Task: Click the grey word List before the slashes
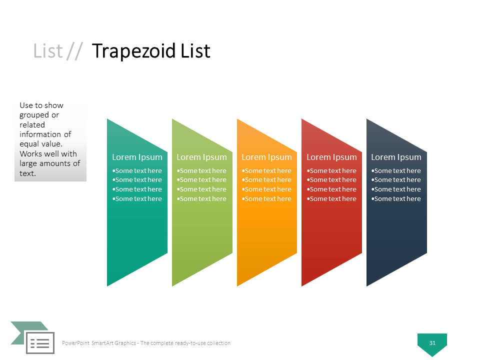48,51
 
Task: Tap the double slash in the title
74,51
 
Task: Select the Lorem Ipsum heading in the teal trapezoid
137,157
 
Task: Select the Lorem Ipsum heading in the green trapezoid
201,157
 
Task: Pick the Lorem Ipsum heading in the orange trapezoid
266,157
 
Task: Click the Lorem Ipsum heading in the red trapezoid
331,157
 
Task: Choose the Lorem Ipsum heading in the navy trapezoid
396,157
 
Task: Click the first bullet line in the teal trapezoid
137,170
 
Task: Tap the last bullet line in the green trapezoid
202,198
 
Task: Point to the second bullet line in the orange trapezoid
267,179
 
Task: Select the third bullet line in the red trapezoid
332,189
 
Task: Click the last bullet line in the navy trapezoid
396,198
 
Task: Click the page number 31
432,343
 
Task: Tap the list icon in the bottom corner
40,343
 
